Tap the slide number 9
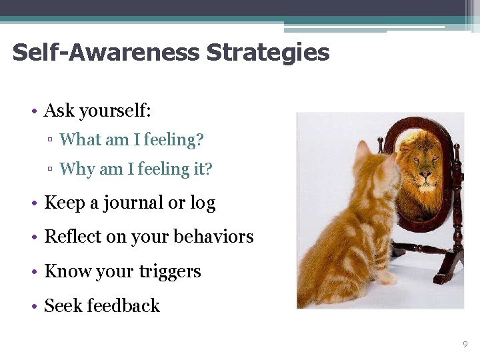pos(465,344)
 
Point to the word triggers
pos(171,272)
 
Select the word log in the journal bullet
pos(203,203)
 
